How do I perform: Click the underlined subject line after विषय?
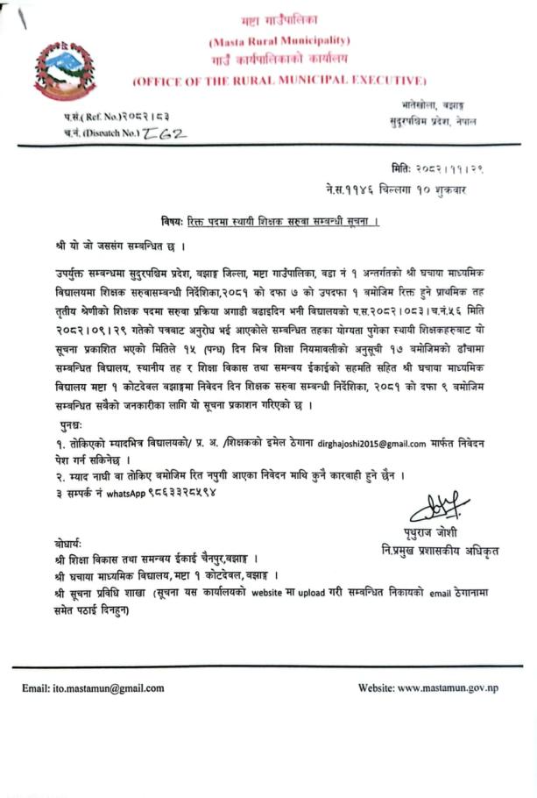pyautogui.click(x=280, y=217)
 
